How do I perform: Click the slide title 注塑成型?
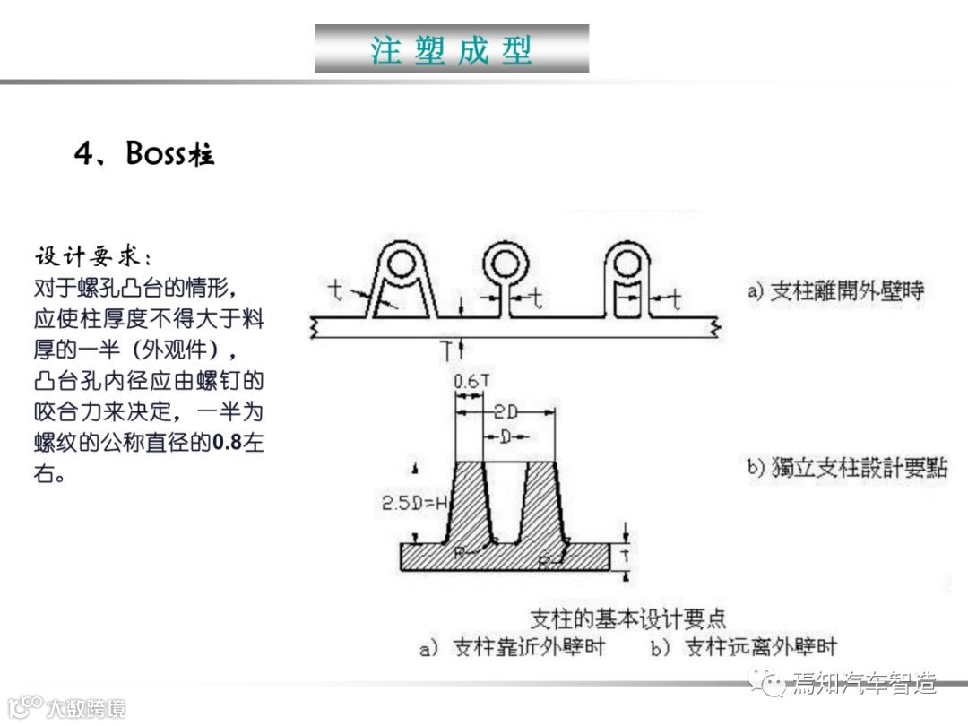(452, 49)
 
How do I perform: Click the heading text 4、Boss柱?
(144, 154)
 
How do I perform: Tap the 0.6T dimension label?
(471, 381)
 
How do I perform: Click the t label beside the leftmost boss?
(335, 289)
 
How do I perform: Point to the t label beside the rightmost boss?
(676, 298)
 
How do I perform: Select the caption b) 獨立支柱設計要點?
(847, 467)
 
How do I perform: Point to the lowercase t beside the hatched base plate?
(627, 556)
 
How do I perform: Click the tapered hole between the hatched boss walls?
(506, 502)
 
